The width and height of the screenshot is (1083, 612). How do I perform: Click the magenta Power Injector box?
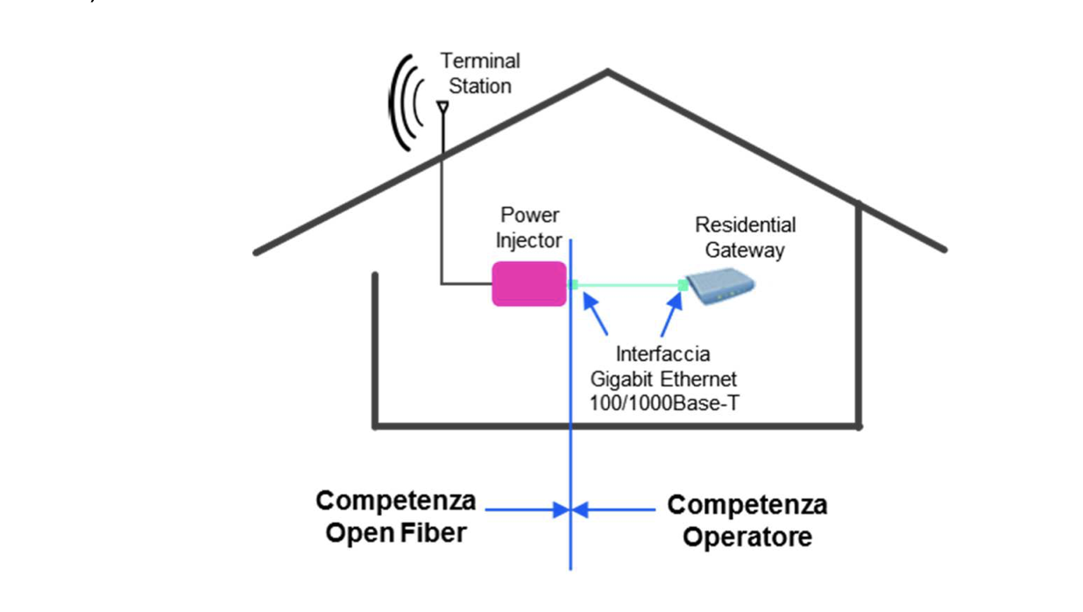click(x=528, y=283)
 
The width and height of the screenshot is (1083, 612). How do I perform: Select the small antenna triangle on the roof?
click(x=442, y=107)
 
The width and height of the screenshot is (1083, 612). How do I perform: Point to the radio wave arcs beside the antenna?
click(x=403, y=103)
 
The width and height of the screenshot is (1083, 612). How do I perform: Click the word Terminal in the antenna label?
click(x=479, y=61)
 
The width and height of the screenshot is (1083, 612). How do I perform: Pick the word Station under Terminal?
click(x=479, y=86)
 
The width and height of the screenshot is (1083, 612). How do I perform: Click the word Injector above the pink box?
click(x=528, y=239)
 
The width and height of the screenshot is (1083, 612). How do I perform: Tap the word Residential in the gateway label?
click(x=745, y=225)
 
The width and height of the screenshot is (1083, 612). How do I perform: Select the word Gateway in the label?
click(x=745, y=250)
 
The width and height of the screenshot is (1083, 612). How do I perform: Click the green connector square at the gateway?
click(x=683, y=284)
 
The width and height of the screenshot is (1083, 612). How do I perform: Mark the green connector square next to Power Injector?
click(x=574, y=284)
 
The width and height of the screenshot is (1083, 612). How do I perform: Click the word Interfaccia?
click(x=662, y=355)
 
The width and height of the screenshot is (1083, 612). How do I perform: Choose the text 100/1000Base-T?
click(x=662, y=403)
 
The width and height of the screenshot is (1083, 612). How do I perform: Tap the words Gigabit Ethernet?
click(x=662, y=380)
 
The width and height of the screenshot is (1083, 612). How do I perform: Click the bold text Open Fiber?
click(x=395, y=532)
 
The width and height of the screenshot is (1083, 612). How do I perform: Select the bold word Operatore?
click(x=747, y=537)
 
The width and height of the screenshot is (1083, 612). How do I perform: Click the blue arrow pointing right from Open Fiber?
click(x=526, y=509)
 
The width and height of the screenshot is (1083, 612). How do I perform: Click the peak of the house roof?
click(x=608, y=72)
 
